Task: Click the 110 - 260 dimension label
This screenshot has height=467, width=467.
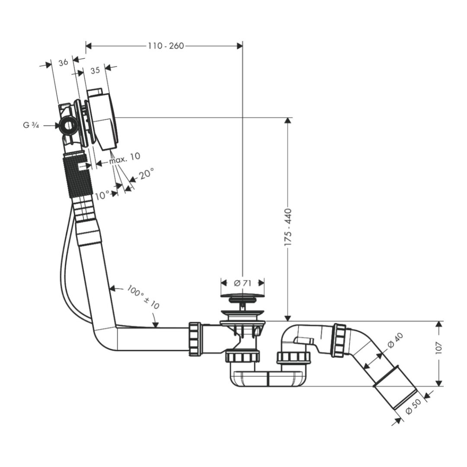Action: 166,46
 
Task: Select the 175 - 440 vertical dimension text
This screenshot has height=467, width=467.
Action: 288,227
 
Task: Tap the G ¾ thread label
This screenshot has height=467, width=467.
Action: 31,125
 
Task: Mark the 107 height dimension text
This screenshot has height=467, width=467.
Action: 439,348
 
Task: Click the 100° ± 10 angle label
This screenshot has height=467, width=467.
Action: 143,297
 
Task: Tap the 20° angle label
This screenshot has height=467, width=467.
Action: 147,173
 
